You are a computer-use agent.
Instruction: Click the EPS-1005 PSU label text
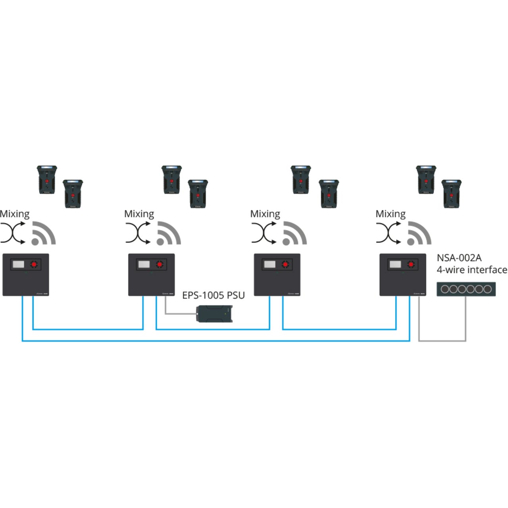(x=213, y=295)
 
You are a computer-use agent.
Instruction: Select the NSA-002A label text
(x=459, y=258)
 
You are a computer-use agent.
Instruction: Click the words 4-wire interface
(x=471, y=270)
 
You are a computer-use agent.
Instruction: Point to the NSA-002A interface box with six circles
(x=466, y=289)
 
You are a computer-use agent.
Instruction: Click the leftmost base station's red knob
(x=35, y=264)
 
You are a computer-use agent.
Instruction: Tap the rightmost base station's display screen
(x=395, y=264)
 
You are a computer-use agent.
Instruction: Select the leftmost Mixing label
(x=15, y=214)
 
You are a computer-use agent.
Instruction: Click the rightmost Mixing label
(x=391, y=214)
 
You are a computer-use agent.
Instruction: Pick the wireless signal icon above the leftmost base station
(x=44, y=233)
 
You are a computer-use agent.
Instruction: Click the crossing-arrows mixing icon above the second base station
(x=138, y=233)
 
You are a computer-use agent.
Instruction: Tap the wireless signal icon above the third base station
(x=294, y=233)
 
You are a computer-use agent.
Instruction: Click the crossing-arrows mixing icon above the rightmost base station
(x=389, y=233)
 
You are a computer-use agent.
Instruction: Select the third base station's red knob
(x=285, y=264)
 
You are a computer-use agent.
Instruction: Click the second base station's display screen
(x=144, y=264)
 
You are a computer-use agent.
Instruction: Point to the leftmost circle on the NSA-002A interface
(x=445, y=289)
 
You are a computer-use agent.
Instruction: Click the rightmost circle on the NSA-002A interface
(x=487, y=289)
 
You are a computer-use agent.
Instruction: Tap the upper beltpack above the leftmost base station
(x=47, y=180)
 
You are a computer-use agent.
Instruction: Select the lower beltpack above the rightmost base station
(x=452, y=194)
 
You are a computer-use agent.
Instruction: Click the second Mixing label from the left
(x=139, y=214)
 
